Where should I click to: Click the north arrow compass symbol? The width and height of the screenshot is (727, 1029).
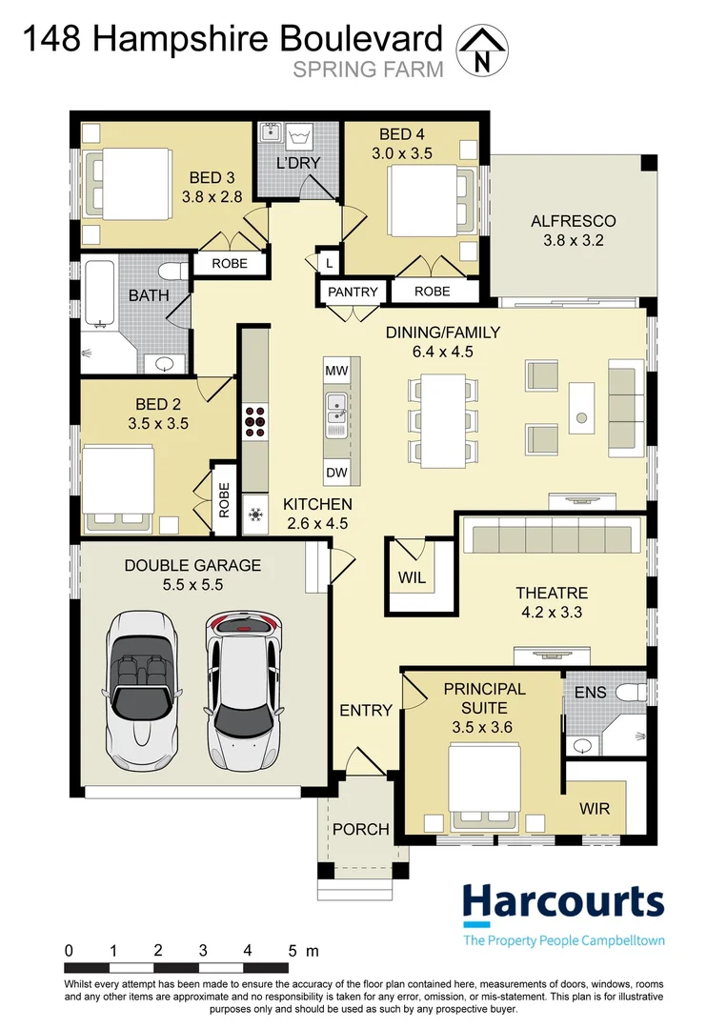tap(482, 50)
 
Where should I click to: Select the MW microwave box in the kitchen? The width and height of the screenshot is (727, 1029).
tap(335, 370)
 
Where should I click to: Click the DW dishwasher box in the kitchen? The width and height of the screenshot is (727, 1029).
tap(335, 471)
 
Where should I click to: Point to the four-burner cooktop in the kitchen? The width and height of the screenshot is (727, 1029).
tap(255, 419)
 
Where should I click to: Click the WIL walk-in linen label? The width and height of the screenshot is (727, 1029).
tap(411, 577)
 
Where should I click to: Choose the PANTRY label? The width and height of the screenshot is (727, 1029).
tap(353, 292)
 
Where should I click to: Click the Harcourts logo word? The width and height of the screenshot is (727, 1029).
tap(562, 900)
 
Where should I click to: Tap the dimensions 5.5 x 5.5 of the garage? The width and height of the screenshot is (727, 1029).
tap(192, 585)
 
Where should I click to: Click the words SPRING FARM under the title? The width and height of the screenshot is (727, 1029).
tap(368, 69)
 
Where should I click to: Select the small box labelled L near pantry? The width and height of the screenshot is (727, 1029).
tap(329, 261)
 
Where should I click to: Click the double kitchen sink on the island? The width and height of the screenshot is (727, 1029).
tap(335, 410)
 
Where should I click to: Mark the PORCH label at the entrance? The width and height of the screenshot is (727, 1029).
tap(360, 829)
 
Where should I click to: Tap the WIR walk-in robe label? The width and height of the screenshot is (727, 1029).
tap(601, 809)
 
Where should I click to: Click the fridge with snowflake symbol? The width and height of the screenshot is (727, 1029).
tap(254, 515)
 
